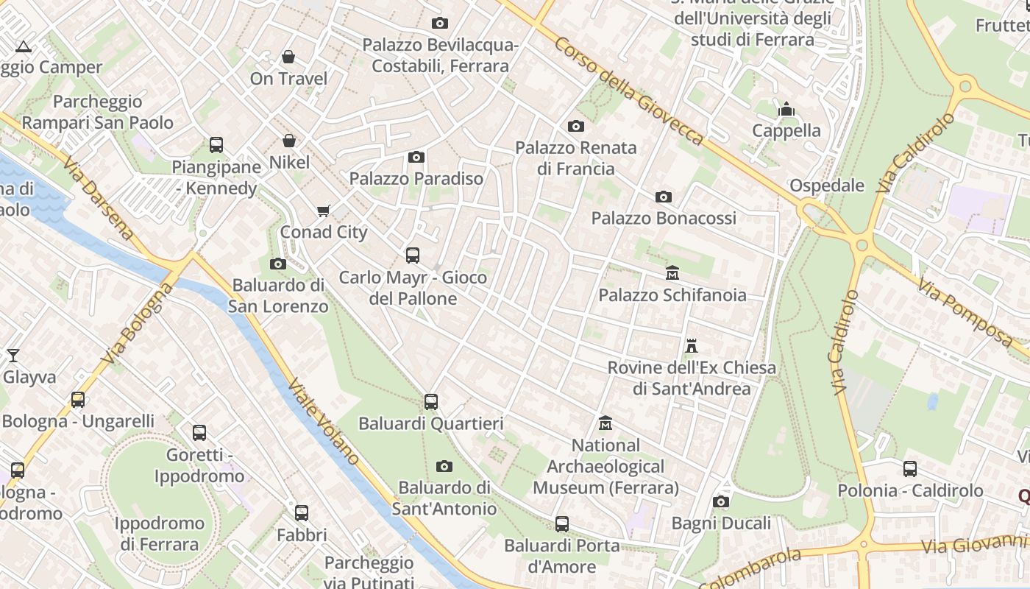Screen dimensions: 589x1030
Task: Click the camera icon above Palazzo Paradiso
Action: click(x=416, y=157)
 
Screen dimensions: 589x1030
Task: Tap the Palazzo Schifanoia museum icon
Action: click(x=672, y=273)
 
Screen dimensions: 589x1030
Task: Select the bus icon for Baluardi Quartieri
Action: click(x=431, y=402)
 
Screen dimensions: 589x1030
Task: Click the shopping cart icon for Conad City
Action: click(x=323, y=211)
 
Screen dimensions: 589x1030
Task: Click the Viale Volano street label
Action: click(x=324, y=421)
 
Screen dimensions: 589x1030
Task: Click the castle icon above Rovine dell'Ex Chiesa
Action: click(x=691, y=345)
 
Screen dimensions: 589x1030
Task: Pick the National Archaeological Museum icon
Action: click(x=605, y=423)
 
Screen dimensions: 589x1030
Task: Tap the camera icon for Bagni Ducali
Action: click(x=721, y=502)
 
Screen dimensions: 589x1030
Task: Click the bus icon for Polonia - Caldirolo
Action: click(x=910, y=469)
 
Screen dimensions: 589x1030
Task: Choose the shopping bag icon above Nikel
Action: click(x=289, y=141)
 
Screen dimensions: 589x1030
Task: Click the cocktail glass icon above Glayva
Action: click(x=13, y=356)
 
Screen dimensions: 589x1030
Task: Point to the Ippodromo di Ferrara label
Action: click(x=160, y=534)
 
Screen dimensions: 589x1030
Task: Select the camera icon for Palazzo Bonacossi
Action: click(x=664, y=197)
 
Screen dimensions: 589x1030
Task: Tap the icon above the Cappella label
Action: click(x=786, y=110)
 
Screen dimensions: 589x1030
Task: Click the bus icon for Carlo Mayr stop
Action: click(x=413, y=255)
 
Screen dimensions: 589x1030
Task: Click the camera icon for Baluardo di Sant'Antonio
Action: click(x=444, y=466)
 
